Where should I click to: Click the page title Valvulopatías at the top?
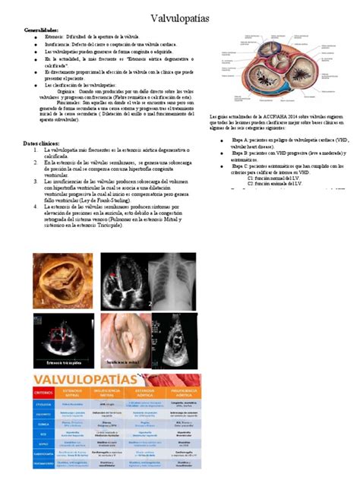point(180,16)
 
